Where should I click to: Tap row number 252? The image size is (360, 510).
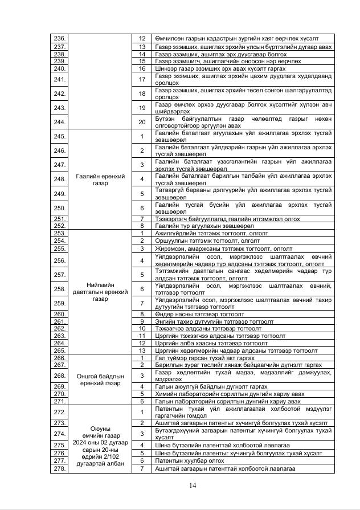59,226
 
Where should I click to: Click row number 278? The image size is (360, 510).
59,468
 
